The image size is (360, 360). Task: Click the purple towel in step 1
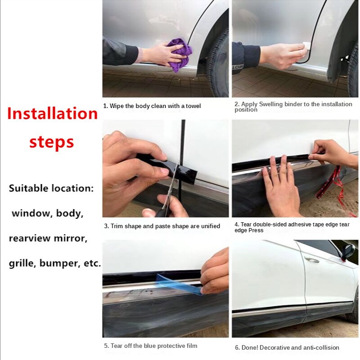[179, 55]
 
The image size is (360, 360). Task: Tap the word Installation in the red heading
[53, 113]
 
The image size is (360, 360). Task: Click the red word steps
[52, 142]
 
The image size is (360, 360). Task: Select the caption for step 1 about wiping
[152, 106]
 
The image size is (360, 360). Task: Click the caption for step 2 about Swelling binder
[293, 107]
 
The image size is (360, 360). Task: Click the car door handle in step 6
[311, 260]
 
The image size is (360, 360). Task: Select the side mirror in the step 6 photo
[348, 252]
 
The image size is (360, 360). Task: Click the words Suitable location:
[51, 189]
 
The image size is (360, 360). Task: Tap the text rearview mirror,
[48, 238]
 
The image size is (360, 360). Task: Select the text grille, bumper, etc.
[55, 263]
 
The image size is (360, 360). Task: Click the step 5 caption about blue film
[151, 346]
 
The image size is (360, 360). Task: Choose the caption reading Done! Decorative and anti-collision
[287, 347]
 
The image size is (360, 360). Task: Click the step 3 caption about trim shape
[162, 226]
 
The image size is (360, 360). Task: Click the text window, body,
[48, 213]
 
